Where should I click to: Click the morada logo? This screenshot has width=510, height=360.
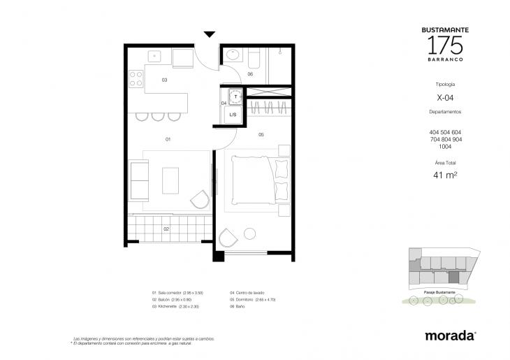click(x=450, y=336)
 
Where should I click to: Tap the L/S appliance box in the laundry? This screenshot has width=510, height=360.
click(x=233, y=114)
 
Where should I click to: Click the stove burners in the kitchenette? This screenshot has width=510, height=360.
click(x=135, y=79)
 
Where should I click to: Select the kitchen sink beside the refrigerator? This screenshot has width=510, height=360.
click(x=155, y=57)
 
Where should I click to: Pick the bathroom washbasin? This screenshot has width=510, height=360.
click(x=233, y=55)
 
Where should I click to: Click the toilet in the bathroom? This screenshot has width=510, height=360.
click(x=254, y=57)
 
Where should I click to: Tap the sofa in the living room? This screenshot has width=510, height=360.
click(x=139, y=180)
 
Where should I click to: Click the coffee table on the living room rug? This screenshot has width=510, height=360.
click(x=170, y=180)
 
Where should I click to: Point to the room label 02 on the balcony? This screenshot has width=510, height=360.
click(x=166, y=229)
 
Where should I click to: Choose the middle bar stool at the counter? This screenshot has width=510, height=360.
click(x=157, y=115)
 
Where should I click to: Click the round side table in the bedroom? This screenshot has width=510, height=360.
click(x=249, y=234)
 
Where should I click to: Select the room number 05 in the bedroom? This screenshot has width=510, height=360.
click(x=260, y=134)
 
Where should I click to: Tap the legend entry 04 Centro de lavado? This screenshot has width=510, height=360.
click(x=253, y=292)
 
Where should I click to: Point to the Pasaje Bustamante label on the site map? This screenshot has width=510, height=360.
click(x=440, y=289)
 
